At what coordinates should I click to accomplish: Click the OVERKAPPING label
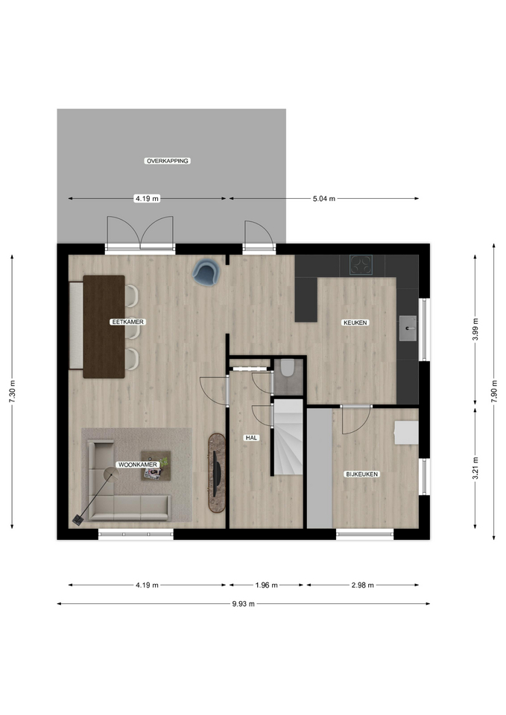coord(167,161)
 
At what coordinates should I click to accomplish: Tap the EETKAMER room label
coord(127,322)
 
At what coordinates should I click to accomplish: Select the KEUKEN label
coord(355,322)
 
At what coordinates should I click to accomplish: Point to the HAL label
coord(251,438)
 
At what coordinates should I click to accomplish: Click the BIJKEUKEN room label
coord(362,474)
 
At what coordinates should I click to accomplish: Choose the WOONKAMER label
coord(138,465)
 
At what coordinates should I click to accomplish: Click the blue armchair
coord(206,272)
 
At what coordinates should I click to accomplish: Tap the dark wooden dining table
coord(104,326)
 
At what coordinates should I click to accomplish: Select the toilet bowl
coord(288,367)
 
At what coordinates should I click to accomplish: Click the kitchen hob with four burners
coord(361,264)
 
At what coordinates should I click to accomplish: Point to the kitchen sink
coord(408,328)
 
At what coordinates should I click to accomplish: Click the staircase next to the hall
coord(288,437)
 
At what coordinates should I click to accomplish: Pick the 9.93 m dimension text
coord(243,604)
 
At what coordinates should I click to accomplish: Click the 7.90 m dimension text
coord(493,391)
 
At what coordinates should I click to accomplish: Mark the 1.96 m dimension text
coord(266,585)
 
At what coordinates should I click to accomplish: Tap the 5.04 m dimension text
coord(324,198)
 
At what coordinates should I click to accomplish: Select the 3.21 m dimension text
coord(475,468)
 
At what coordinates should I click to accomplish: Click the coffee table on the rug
coord(156,465)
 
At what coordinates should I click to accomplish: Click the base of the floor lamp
coord(78,519)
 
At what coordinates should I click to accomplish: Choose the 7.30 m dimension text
coord(13,391)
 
